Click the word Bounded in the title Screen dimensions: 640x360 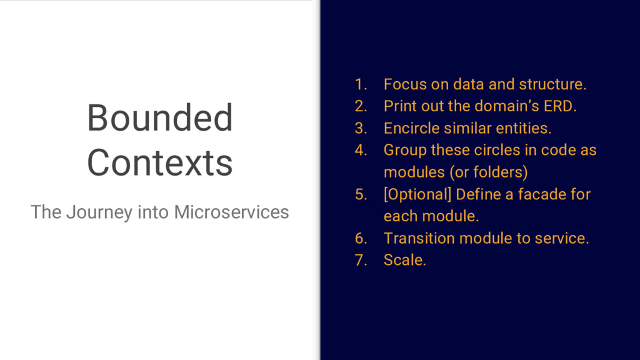(159, 118)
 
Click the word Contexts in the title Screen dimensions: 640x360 (159, 163)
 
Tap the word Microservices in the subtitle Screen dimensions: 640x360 (231, 212)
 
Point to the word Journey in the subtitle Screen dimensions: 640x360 (99, 212)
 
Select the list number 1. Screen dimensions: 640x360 (361, 84)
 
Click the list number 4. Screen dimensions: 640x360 (361, 150)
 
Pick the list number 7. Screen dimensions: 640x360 (361, 260)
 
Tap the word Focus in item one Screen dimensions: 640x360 (405, 84)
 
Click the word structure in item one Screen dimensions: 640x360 (552, 84)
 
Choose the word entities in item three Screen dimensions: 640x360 (523, 128)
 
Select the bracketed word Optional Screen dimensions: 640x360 (417, 195)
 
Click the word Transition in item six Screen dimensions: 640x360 (419, 238)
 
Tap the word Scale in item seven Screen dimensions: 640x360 (404, 260)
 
